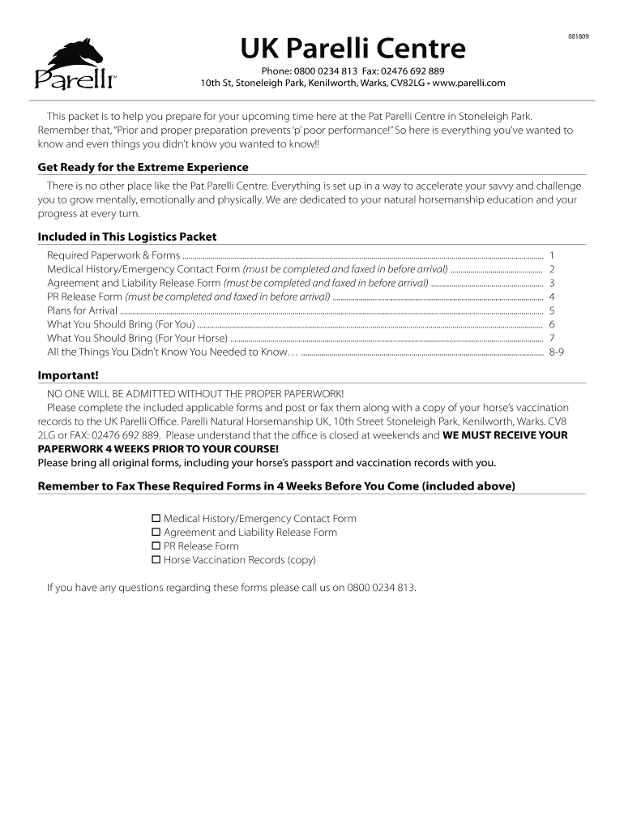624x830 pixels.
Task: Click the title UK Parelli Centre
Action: [353, 49]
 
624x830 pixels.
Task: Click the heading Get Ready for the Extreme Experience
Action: [143, 167]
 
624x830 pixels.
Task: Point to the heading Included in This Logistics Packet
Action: [127, 237]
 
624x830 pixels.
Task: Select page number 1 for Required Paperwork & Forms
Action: [552, 255]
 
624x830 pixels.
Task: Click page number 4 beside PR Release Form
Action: [552, 297]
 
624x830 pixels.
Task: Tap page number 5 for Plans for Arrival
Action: [552, 310]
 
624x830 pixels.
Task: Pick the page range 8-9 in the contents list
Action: [556, 352]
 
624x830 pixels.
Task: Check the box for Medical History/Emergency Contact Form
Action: [156, 519]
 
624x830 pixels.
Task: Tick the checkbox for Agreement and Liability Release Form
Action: [156, 533]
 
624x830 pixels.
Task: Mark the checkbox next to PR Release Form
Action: [156, 546]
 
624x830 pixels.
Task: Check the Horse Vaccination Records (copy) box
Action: [156, 560]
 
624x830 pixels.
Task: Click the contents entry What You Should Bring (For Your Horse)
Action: [137, 338]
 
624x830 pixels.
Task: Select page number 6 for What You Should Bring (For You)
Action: [552, 324]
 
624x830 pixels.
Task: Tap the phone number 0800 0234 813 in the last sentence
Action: [381, 588]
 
